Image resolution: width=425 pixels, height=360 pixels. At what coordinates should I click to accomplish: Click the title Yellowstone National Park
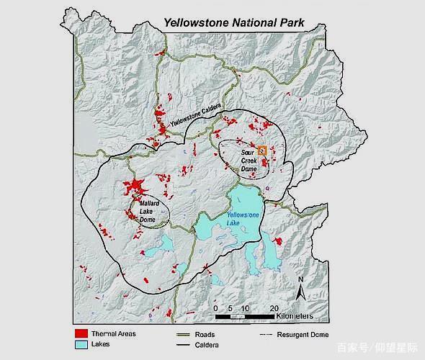[x=234, y=22]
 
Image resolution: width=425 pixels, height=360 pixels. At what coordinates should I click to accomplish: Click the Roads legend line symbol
[x=187, y=334]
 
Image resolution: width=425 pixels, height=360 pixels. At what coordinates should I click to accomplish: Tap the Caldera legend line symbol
[x=187, y=346]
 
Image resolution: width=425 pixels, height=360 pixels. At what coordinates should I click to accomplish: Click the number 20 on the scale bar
[x=274, y=308]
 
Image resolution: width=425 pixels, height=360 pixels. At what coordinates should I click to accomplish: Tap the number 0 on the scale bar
[x=216, y=308]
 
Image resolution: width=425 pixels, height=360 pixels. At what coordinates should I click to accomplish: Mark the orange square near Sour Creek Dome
[x=263, y=150]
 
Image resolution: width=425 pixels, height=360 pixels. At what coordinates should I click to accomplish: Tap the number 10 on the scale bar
[x=245, y=308]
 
